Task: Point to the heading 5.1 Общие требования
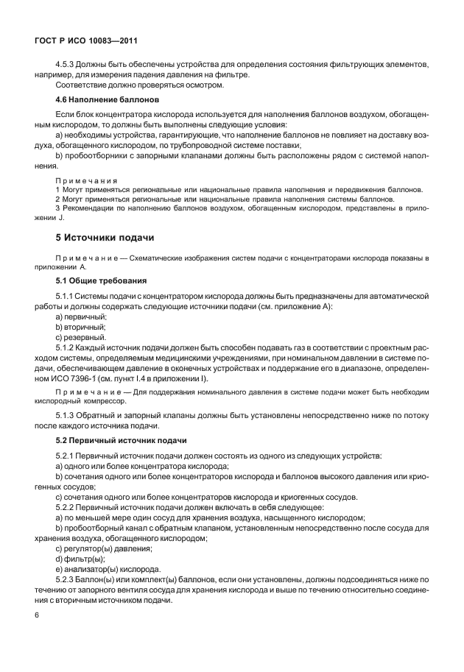(102, 280)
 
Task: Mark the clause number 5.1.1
(68, 295)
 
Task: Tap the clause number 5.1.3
(68, 416)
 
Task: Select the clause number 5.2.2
(68, 507)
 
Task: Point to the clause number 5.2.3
(68, 579)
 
